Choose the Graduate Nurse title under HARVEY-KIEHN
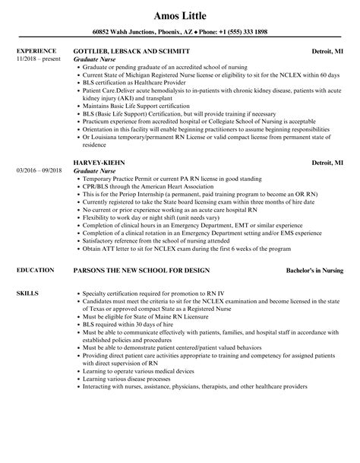coord(96,171)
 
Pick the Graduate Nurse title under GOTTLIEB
coord(96,59)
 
